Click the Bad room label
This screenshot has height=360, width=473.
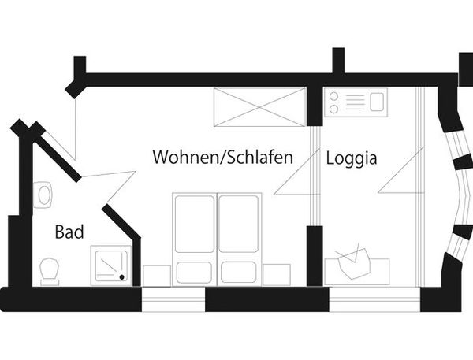tap(69, 232)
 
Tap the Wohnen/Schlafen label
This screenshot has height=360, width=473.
tap(223, 157)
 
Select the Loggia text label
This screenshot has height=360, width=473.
tap(352, 158)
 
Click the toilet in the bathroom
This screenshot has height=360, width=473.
tap(50, 271)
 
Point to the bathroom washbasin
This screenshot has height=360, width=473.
tap(43, 195)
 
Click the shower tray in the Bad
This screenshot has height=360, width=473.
tap(111, 265)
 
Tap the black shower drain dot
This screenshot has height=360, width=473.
tap(122, 276)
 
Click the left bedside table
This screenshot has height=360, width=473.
tap(157, 275)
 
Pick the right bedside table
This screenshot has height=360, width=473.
tap(277, 275)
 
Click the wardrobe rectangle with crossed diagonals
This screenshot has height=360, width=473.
tap(259, 107)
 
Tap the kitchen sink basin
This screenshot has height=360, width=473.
tap(377, 102)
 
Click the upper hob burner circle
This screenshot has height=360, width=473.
tap(333, 96)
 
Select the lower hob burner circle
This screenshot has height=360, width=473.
tap(333, 109)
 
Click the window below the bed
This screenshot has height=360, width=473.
tap(173, 299)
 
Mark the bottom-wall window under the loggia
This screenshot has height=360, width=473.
tap(374, 299)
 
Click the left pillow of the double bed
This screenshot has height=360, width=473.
tap(194, 273)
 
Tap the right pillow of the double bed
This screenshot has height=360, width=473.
tap(239, 273)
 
